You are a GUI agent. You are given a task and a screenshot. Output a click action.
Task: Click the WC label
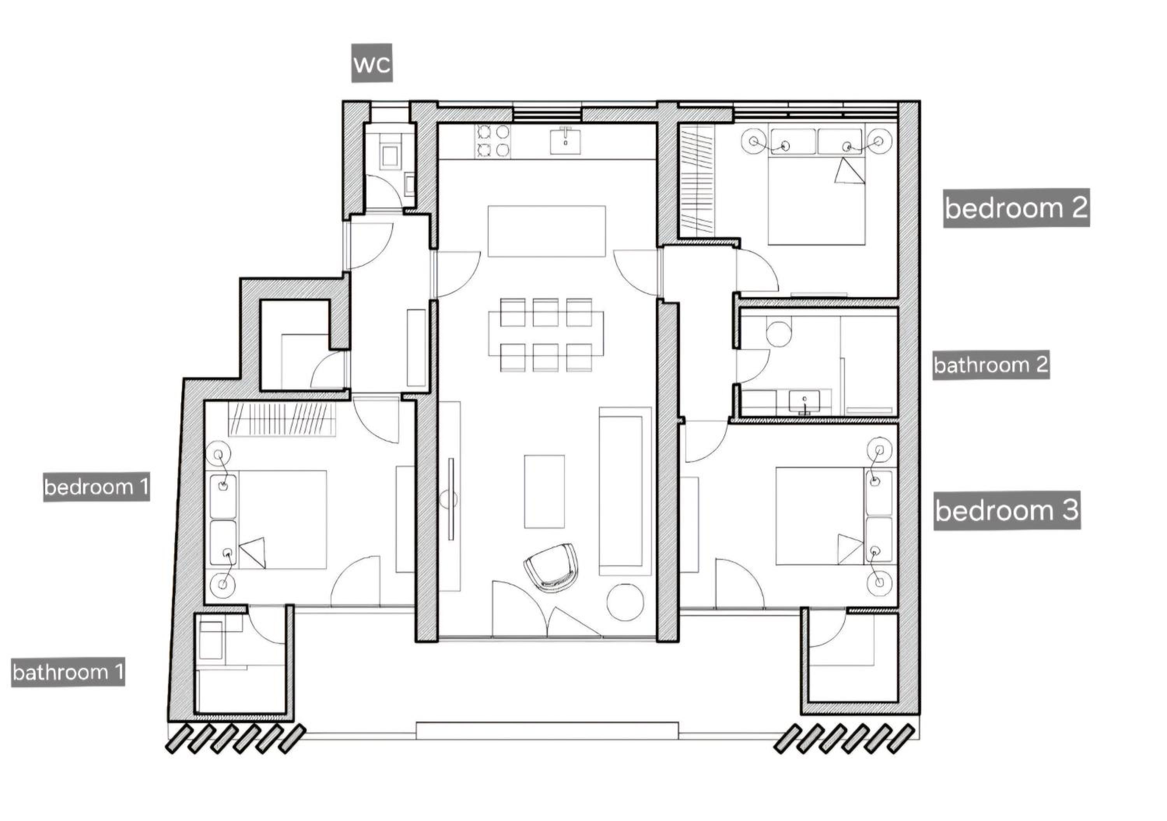coord(372,63)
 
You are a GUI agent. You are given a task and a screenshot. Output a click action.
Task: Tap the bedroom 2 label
coord(1016,208)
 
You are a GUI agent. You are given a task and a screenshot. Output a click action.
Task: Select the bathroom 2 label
coord(991,365)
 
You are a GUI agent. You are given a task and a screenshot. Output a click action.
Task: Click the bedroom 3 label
coord(1007,510)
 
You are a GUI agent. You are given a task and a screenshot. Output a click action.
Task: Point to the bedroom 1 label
coord(96,487)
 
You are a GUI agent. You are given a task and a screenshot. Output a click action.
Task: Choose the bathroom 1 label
coord(68,672)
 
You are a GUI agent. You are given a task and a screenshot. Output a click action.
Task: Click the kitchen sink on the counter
coord(565,140)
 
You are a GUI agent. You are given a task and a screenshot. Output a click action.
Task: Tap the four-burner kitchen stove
coord(493,141)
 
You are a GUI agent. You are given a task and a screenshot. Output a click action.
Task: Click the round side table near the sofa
coord(625,603)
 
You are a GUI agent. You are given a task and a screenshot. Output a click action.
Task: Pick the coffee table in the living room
coord(544,491)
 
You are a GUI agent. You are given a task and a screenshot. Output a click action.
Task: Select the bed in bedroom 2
coord(816,187)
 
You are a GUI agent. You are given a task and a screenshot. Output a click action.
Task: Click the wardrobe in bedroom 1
coord(282,419)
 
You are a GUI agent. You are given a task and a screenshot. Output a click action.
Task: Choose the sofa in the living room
coord(625,491)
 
